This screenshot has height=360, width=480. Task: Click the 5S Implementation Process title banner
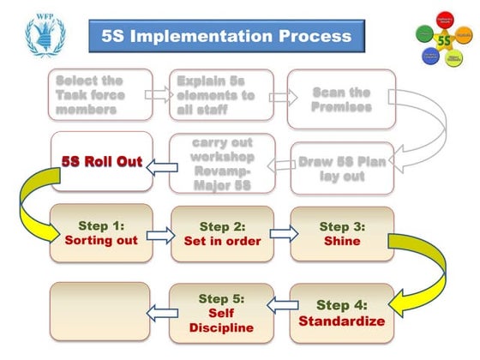click(x=226, y=36)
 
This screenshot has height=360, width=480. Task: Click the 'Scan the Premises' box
click(x=341, y=99)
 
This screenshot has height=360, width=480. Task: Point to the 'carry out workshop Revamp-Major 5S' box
click(x=221, y=163)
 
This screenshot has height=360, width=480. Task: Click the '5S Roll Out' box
click(x=101, y=161)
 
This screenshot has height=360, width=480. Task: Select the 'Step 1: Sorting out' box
click(x=101, y=233)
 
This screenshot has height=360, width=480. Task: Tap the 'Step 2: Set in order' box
click(x=222, y=233)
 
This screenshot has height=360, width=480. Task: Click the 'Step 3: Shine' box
click(x=341, y=233)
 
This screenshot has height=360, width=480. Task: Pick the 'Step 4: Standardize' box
click(x=341, y=313)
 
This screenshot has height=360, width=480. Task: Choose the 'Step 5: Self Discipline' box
click(x=222, y=313)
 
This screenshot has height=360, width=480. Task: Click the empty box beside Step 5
click(x=101, y=313)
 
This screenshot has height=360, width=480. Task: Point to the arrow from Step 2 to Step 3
click(x=282, y=233)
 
